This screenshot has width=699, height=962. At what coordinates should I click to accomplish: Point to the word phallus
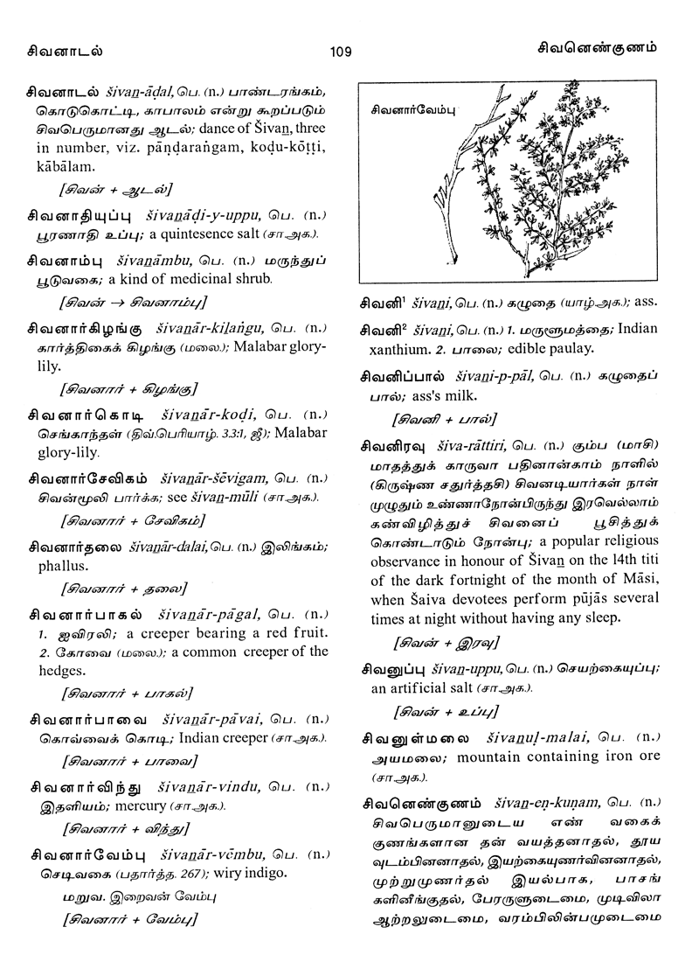coord(63,565)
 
